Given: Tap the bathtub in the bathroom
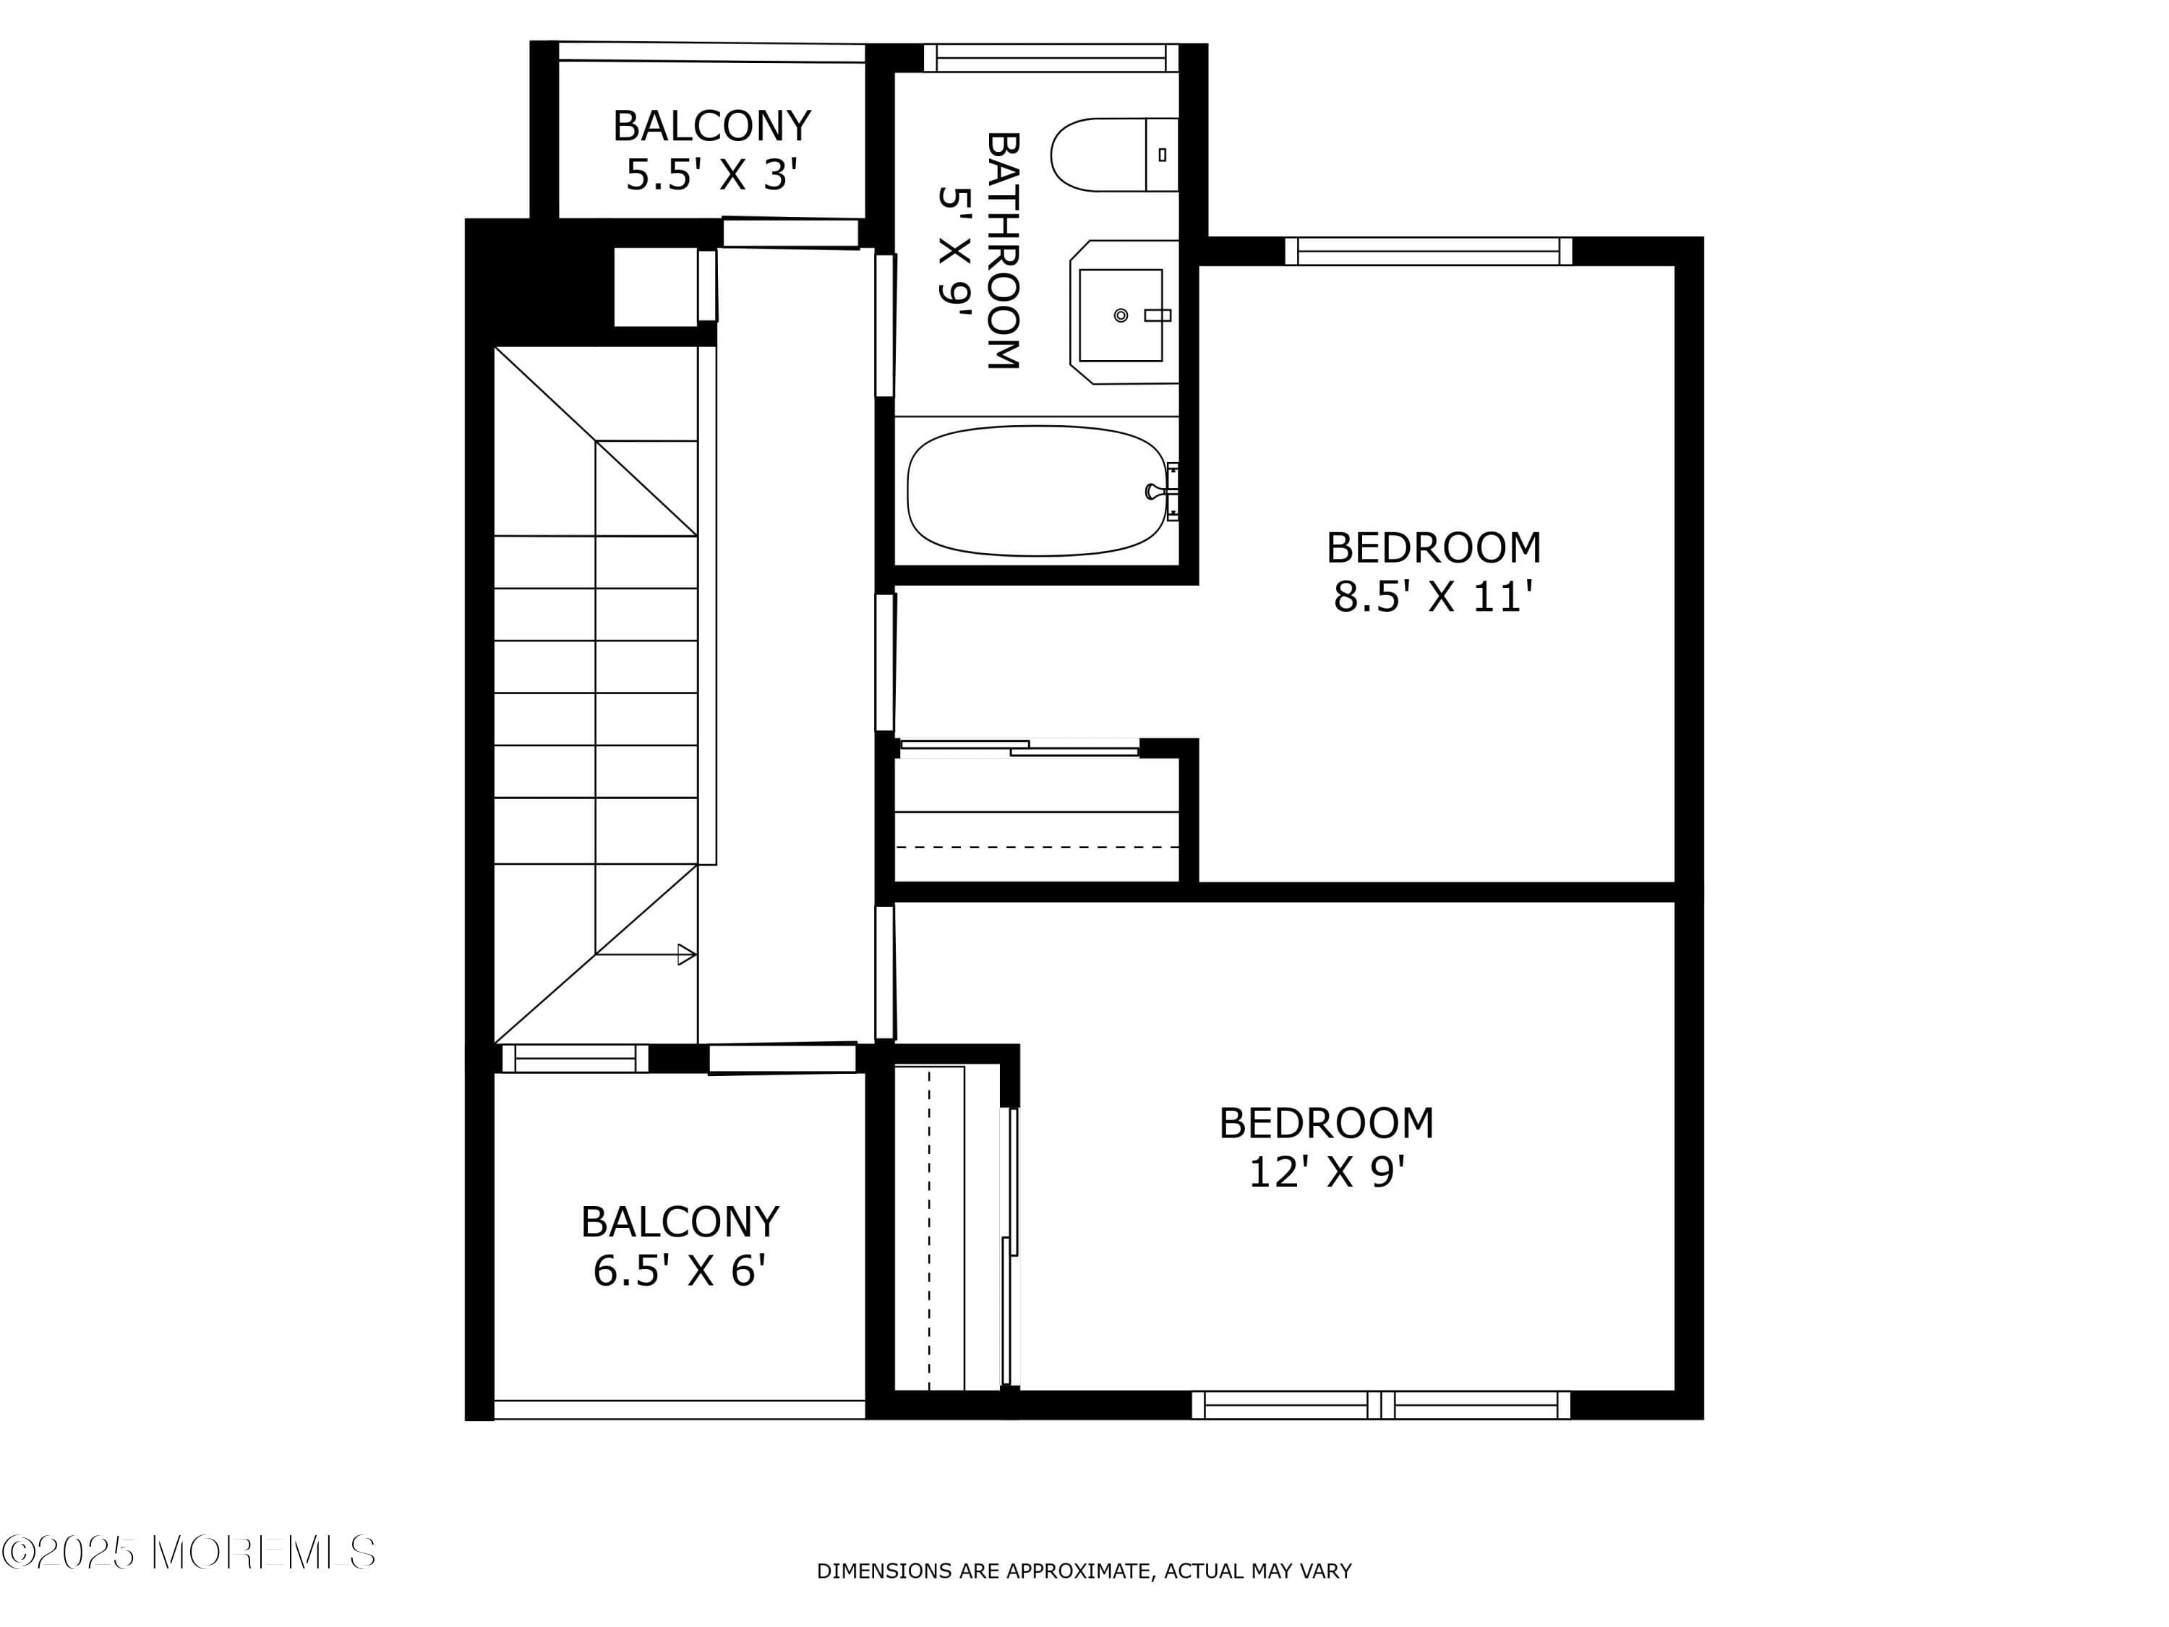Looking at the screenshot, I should pyautogui.click(x=1037, y=490).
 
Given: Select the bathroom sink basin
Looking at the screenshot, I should pyautogui.click(x=1120, y=315).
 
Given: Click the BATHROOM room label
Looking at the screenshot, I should pyautogui.click(x=1002, y=250).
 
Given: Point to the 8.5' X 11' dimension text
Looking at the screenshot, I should pyautogui.click(x=1432, y=597).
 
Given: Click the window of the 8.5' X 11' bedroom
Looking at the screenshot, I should pyautogui.click(x=1428, y=251).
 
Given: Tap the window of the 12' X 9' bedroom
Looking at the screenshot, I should pyautogui.click(x=1381, y=1405).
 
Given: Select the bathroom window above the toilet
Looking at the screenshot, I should pyautogui.click(x=1051, y=58).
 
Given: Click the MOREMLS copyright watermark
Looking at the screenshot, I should pyautogui.click(x=188, y=1553).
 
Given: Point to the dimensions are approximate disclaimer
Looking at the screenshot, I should pyautogui.click(x=1084, y=1571).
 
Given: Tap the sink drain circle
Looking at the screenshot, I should pyautogui.click(x=1121, y=315).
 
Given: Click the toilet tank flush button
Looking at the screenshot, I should pyautogui.click(x=1162, y=155).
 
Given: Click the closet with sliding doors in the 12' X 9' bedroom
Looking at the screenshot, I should pyautogui.click(x=946, y=1228).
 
